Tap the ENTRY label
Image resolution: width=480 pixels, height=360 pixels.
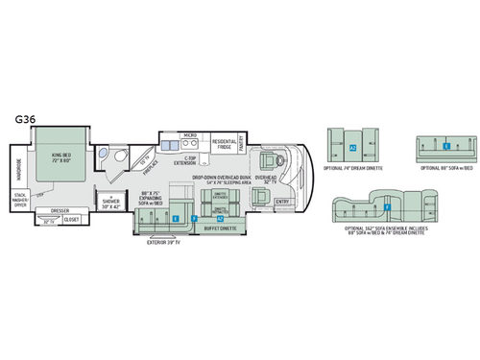coord(280,203)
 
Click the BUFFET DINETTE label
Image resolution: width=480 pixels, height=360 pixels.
coord(219,229)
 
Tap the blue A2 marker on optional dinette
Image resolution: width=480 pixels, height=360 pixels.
coord(354,148)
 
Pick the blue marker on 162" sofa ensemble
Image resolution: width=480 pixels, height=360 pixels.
coord(387,205)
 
